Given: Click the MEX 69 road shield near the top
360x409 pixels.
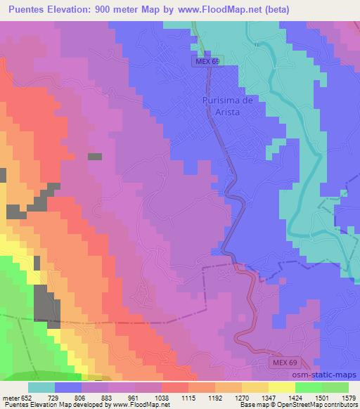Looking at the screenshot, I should (x=207, y=62).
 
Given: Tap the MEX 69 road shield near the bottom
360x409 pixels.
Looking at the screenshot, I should (x=286, y=362).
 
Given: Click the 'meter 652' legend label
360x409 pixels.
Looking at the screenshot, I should (x=18, y=397).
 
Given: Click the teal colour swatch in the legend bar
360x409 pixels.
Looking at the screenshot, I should (x=41, y=387).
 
